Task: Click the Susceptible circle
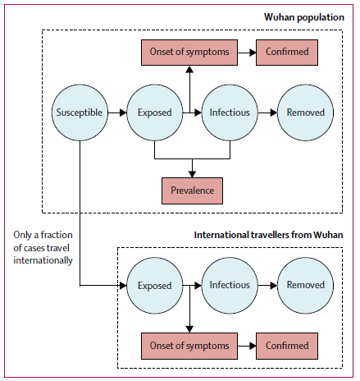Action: [x=80, y=112]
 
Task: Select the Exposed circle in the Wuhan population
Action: [x=155, y=112]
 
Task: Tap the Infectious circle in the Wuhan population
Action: [x=230, y=112]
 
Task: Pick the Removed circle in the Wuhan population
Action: [x=305, y=112]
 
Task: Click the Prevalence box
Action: [x=192, y=190]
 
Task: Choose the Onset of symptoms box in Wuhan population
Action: [x=189, y=53]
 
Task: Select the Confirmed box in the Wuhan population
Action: [x=287, y=53]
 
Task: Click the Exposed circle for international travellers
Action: [x=155, y=286]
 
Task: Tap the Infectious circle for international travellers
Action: [x=230, y=286]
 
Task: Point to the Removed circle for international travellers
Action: [x=305, y=286]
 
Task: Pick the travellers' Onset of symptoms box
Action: [x=189, y=346]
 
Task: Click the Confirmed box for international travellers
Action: [x=287, y=346]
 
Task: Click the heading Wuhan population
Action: [x=304, y=17]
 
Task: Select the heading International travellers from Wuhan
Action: [x=268, y=235]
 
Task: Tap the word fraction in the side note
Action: [x=57, y=235]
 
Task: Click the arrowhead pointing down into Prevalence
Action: [x=192, y=174]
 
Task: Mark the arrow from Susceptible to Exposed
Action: [x=117, y=112]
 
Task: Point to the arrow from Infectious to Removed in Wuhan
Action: [x=267, y=112]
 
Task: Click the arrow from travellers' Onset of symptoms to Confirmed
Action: [x=247, y=346]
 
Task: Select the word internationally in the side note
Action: [x=43, y=260]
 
